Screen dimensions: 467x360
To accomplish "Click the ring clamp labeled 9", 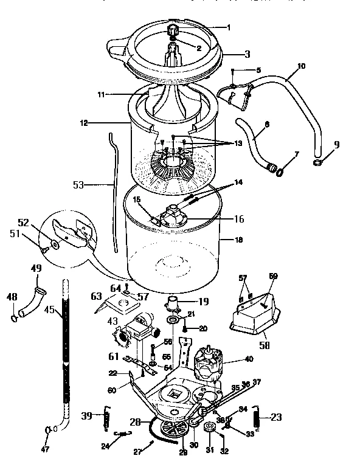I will click(x=317, y=162).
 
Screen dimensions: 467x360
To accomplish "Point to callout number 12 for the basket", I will click(x=83, y=122).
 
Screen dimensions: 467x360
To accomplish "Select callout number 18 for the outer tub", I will click(x=238, y=241).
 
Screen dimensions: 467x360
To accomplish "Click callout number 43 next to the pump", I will click(x=112, y=321).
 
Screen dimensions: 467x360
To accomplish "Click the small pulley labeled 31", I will click(x=210, y=429).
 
